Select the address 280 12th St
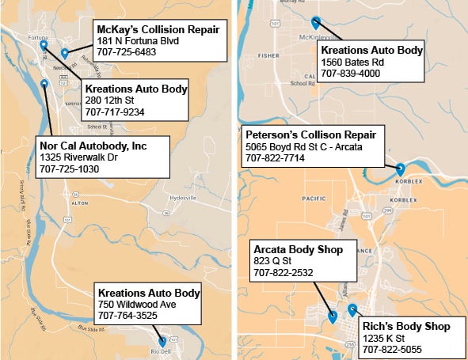point(110,100)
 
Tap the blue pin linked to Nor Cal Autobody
point(44,83)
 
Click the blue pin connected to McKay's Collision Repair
point(65,53)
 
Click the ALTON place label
point(78,203)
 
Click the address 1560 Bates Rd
point(352,63)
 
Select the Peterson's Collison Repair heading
point(310,135)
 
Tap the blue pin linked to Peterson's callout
point(400,169)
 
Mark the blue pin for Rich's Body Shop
point(352,309)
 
